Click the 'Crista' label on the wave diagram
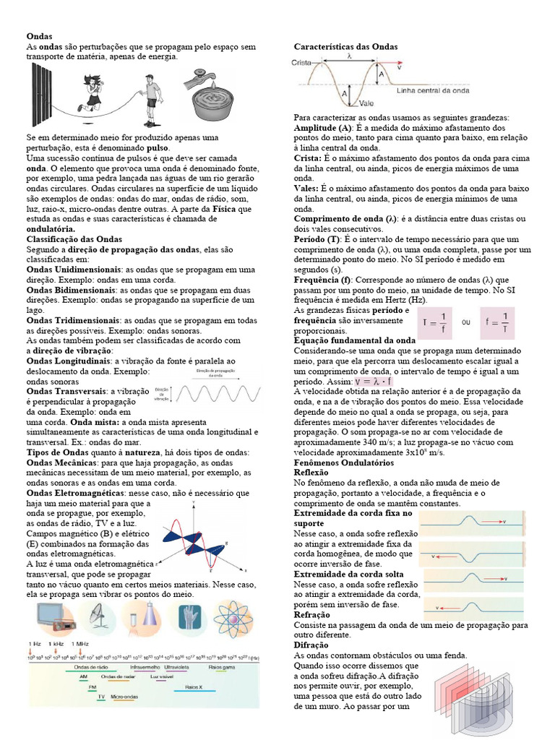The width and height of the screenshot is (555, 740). coord(301,63)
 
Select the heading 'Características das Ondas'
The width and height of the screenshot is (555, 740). coord(345,47)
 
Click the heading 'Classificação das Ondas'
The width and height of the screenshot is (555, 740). coord(74,238)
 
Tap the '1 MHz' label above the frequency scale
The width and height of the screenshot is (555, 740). coord(85,643)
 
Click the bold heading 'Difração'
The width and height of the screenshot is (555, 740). coord(311,645)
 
